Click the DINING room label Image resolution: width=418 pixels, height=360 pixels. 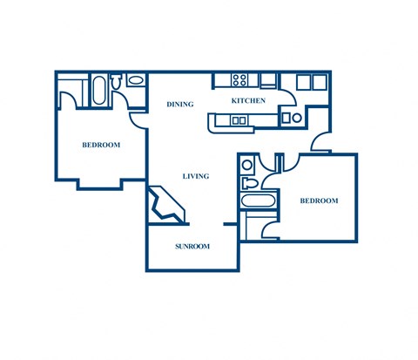pyautogui.click(x=179, y=105)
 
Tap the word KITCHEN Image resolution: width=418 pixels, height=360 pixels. pyautogui.click(x=248, y=102)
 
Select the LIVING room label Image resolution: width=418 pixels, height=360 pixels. pyautogui.click(x=195, y=177)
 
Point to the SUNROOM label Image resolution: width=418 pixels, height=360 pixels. pyautogui.click(x=192, y=247)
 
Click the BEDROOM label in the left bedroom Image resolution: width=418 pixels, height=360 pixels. pyautogui.click(x=101, y=145)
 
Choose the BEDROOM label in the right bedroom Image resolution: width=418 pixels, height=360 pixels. pyautogui.click(x=319, y=201)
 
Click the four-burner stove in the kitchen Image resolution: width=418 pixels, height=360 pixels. pyautogui.click(x=240, y=81)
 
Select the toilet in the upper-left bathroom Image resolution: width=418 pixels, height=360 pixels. pyautogui.click(x=118, y=82)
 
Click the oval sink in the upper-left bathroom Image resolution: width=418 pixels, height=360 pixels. pyautogui.click(x=136, y=81)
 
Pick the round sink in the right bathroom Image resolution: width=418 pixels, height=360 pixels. pyautogui.click(x=247, y=164)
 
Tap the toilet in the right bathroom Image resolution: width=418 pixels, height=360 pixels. pyautogui.click(x=251, y=183)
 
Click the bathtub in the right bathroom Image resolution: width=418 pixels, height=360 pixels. pyautogui.click(x=258, y=202)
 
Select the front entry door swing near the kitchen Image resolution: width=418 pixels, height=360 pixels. pyautogui.click(x=320, y=142)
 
